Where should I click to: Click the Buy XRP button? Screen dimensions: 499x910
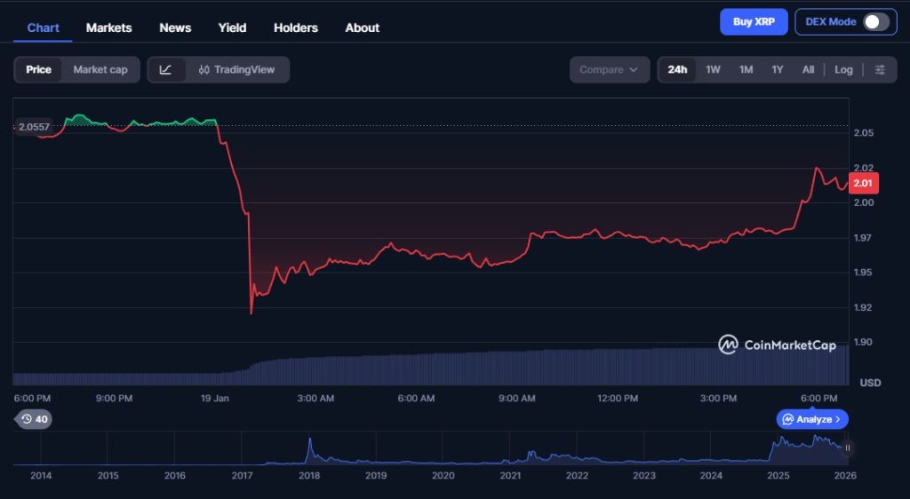click(754, 21)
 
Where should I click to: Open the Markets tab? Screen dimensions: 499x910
click(108, 28)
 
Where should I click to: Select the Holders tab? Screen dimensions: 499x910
click(295, 28)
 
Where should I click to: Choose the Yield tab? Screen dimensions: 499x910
click(232, 28)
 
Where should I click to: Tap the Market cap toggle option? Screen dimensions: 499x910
click(100, 69)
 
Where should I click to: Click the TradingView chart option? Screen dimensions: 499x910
click(236, 69)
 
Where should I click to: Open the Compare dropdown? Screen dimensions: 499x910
click(609, 69)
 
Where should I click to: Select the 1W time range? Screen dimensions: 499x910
click(713, 69)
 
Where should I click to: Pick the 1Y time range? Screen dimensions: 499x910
click(778, 69)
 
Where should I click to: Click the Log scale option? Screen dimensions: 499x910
click(843, 69)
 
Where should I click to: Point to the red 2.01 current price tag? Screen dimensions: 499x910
click(863, 184)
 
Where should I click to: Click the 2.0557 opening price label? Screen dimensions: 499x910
click(34, 127)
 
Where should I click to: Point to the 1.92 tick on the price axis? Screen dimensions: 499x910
click(863, 307)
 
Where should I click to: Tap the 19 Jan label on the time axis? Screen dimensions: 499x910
click(214, 399)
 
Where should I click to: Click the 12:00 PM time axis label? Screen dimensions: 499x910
click(618, 399)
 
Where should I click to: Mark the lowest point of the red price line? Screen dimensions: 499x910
click(251, 313)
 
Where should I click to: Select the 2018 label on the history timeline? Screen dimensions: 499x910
click(309, 476)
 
